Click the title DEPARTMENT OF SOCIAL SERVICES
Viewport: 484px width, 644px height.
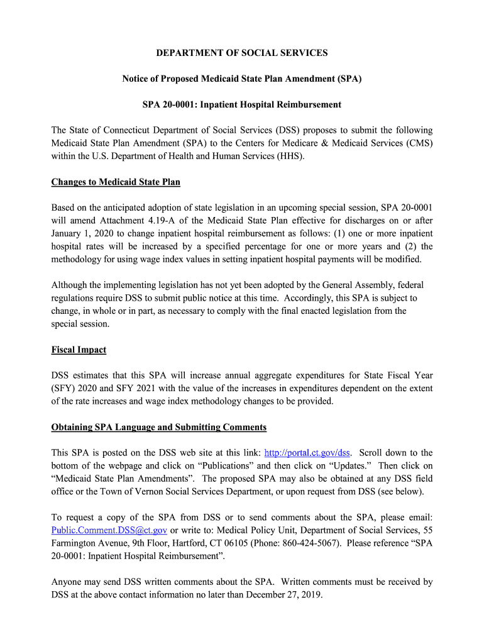coord(242,53)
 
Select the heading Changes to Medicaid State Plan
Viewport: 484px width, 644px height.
coord(116,182)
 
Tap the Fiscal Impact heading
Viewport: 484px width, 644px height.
coord(79,350)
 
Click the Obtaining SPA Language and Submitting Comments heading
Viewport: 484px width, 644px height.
coord(158,428)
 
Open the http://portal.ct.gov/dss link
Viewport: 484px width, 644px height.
coord(307,453)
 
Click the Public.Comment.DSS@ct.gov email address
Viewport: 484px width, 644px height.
coord(109,530)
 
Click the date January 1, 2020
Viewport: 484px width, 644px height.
coord(79,233)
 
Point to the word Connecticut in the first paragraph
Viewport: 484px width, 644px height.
coord(135,131)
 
